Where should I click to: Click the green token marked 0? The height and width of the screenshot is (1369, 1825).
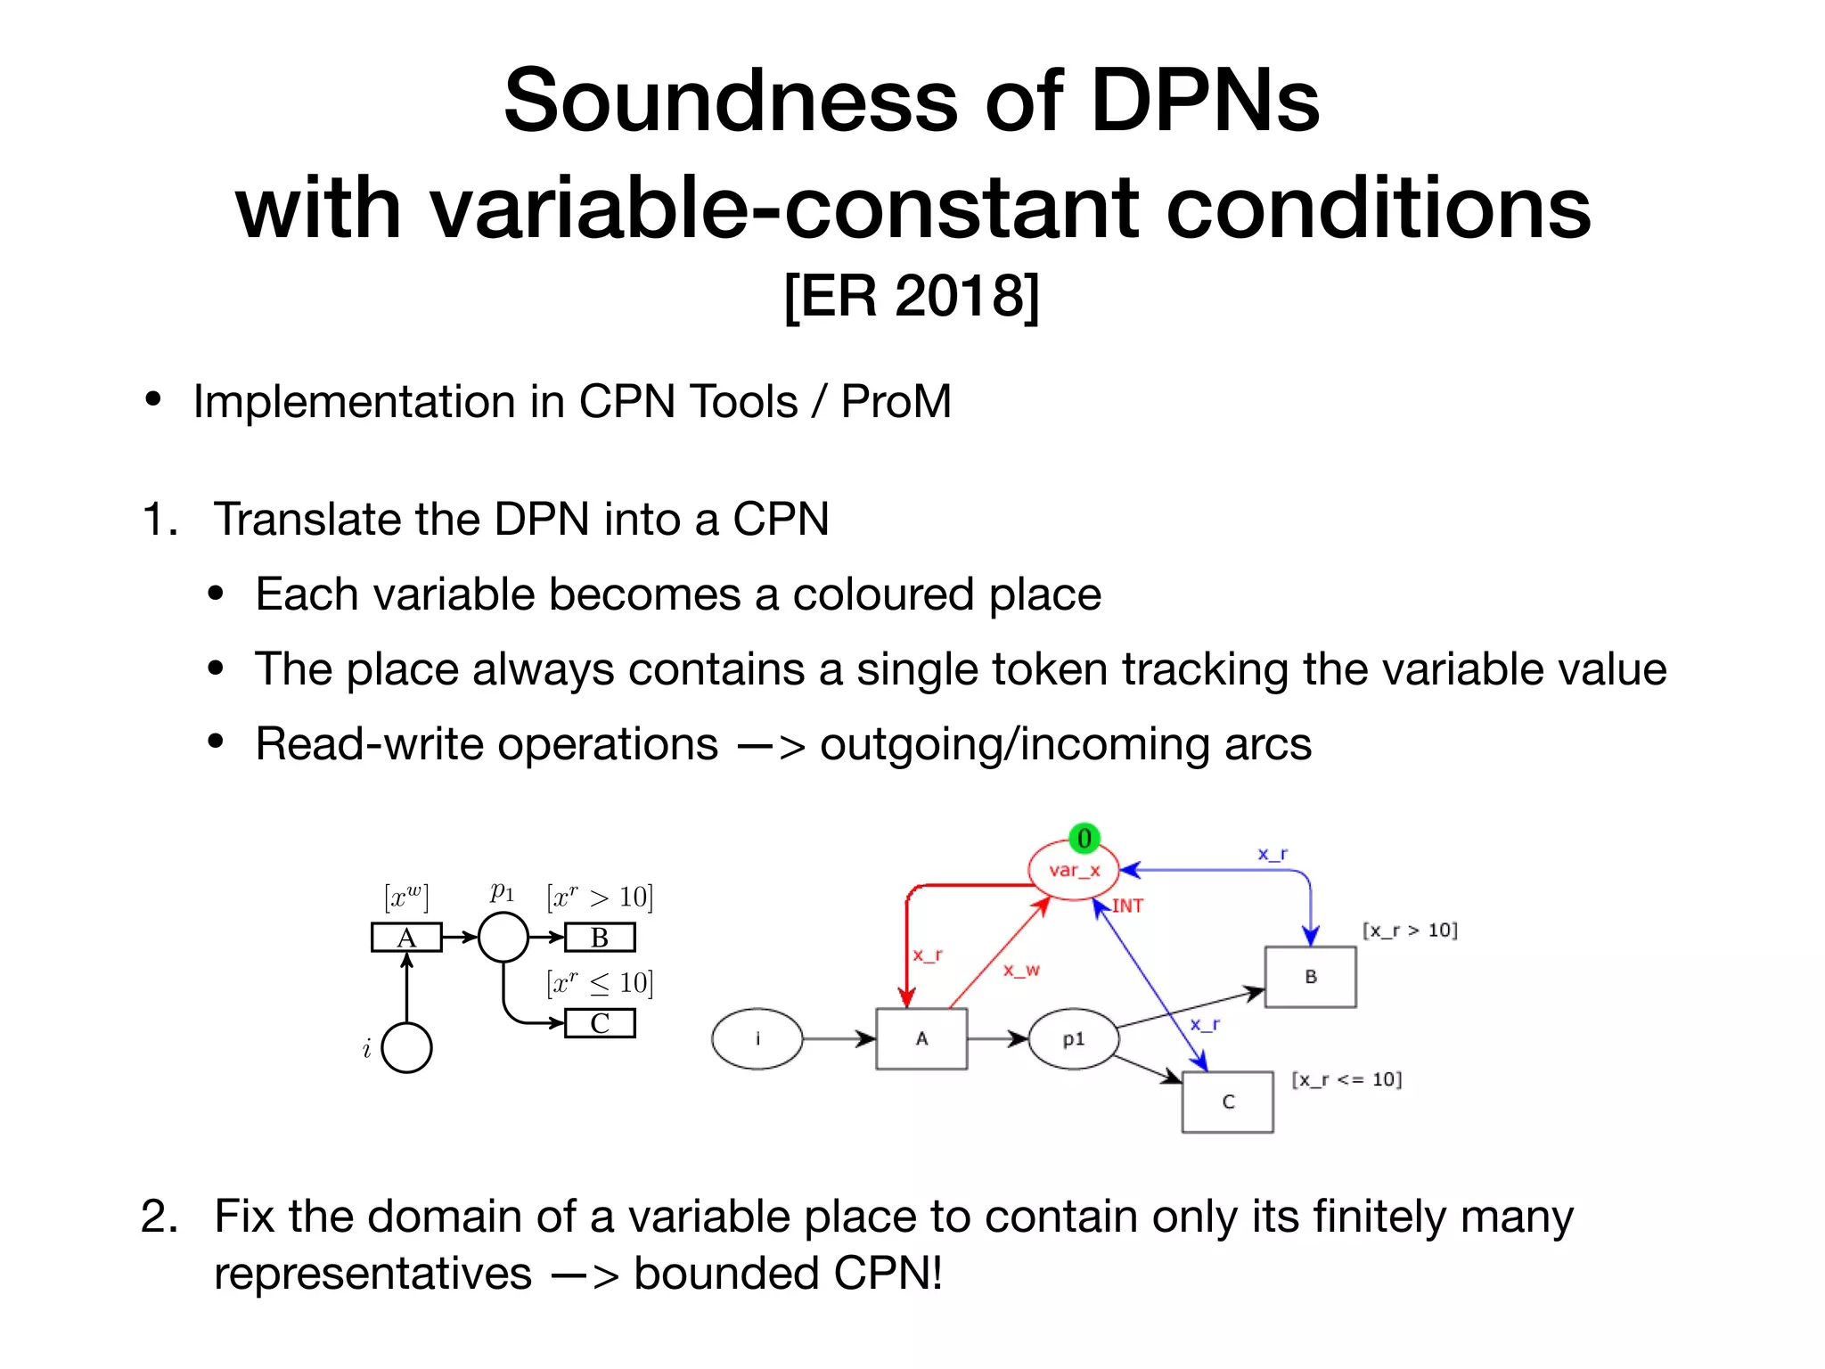(x=1084, y=839)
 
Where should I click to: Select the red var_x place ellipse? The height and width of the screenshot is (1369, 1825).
(x=1074, y=870)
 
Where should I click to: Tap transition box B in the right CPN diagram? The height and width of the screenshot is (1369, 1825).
(x=1310, y=977)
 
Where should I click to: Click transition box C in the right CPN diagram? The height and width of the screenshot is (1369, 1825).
(x=1228, y=1102)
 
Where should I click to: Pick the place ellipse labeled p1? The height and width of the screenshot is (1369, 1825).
(x=1073, y=1039)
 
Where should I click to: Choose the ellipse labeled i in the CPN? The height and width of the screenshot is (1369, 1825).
(x=757, y=1038)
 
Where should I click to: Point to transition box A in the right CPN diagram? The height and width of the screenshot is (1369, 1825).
(x=921, y=1038)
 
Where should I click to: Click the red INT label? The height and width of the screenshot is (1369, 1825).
(x=1127, y=906)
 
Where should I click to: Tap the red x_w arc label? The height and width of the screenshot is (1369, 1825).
(x=1021, y=970)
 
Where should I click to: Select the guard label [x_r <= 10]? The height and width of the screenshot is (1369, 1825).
(x=1346, y=1079)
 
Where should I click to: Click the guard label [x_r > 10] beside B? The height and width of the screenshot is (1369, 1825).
(x=1410, y=930)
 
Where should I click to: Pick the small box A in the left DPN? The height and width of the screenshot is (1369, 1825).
(x=406, y=938)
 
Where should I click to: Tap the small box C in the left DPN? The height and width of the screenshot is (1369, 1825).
(x=600, y=1023)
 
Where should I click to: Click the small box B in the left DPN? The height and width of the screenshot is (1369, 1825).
(x=600, y=938)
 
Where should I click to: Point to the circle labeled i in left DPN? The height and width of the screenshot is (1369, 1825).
(x=406, y=1047)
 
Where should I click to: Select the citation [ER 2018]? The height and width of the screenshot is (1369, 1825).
(x=912, y=296)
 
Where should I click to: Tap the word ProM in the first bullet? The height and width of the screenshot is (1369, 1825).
(x=896, y=401)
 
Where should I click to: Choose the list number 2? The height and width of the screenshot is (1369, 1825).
(x=159, y=1216)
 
